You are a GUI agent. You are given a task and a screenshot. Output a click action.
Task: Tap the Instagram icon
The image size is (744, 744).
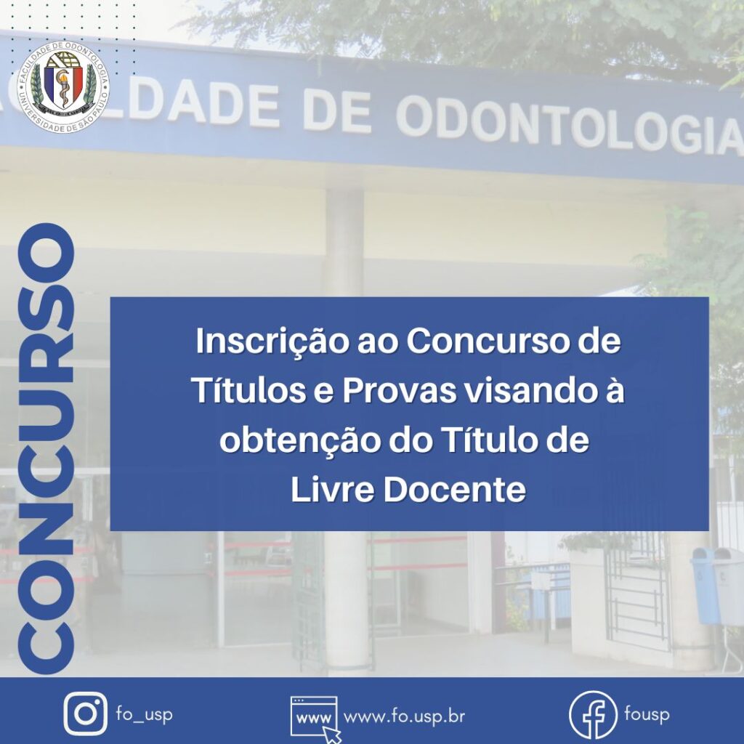[x=86, y=713]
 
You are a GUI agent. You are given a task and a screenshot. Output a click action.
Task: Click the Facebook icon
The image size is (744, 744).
[x=593, y=714]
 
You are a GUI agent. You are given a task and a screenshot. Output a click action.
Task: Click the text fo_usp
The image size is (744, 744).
[x=144, y=714]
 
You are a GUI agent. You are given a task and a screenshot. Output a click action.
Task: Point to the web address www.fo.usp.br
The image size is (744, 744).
[x=404, y=716]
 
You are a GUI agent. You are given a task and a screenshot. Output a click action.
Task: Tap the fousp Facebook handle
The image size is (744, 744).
[x=647, y=714]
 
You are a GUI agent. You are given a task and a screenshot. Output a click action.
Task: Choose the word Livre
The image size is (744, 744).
[x=332, y=490]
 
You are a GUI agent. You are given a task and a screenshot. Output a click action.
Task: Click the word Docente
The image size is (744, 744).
[x=454, y=490]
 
